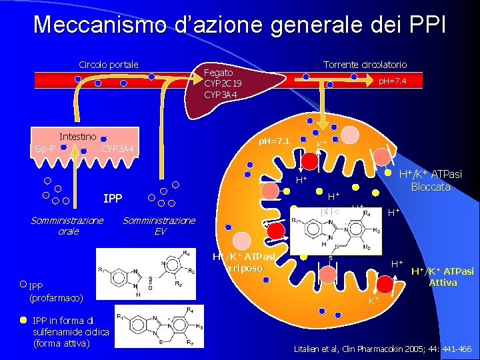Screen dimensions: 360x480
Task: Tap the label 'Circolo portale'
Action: (x=109, y=65)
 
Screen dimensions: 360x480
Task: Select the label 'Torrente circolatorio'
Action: (x=365, y=65)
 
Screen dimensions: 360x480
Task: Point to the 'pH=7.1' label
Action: (x=274, y=141)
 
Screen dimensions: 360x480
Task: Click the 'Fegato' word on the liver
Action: (x=219, y=72)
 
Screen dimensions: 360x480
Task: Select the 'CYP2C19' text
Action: (x=223, y=83)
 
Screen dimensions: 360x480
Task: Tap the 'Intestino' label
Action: (x=78, y=137)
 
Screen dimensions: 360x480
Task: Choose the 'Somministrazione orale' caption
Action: (x=67, y=225)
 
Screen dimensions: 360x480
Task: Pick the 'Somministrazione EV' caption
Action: (x=159, y=225)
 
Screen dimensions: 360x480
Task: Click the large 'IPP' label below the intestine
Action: (x=112, y=199)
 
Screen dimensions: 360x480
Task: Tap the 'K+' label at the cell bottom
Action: (x=374, y=301)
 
